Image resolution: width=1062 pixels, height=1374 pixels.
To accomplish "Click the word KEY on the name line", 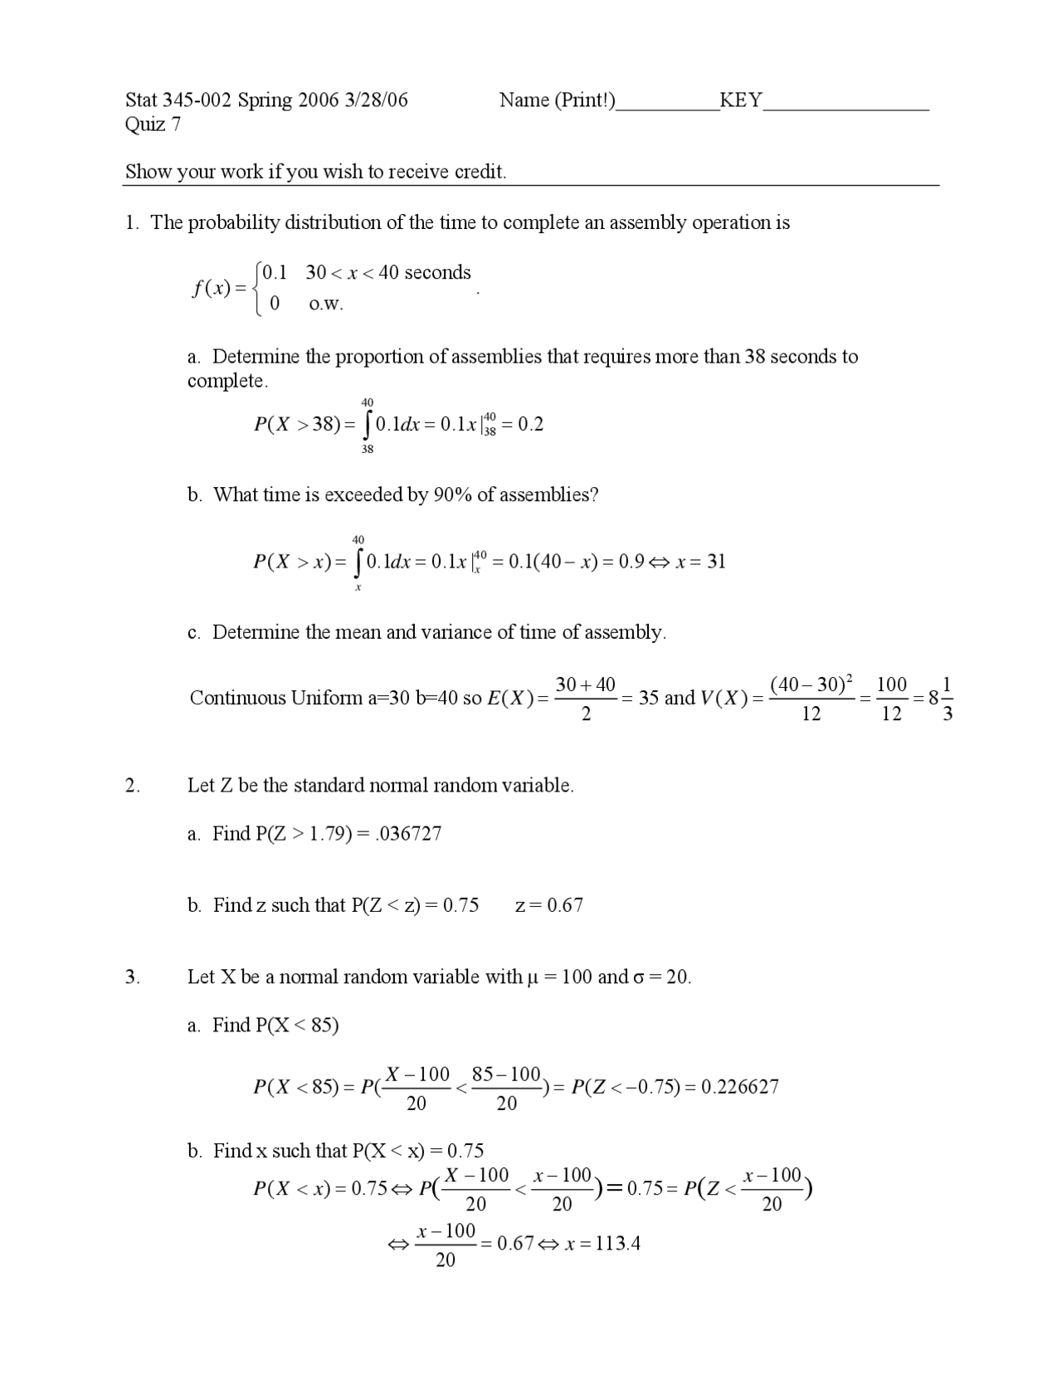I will coord(740,100).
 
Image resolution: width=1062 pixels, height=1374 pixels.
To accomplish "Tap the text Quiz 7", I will coord(153,124).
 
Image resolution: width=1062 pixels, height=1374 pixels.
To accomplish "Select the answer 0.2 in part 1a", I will coord(530,425).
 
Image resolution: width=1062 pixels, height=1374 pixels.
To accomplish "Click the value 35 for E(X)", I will coord(649,698).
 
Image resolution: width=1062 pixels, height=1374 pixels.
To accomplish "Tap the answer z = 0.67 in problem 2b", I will coord(548,905).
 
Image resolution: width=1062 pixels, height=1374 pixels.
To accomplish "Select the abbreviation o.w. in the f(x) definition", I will coord(325,305).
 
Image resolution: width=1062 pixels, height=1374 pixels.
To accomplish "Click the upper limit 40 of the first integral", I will coord(368,402).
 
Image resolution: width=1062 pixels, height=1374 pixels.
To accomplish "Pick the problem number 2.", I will coord(133,786).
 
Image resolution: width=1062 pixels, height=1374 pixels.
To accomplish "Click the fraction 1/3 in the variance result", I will coord(948,699).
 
